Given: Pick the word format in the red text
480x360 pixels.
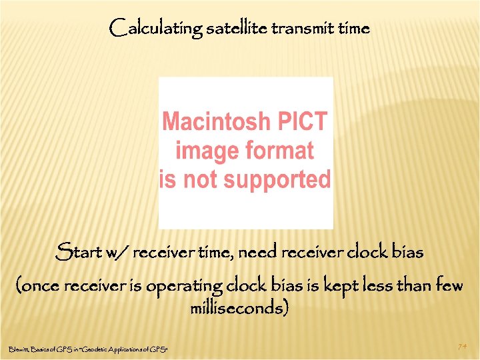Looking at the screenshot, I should click(281, 151).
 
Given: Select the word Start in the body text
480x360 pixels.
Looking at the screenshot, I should click(77, 253).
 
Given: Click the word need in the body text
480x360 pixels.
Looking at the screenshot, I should click(257, 253).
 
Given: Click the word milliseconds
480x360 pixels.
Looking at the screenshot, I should click(239, 309).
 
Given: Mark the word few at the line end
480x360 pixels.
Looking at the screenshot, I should click(448, 286).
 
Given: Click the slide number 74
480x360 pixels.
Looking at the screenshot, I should click(462, 347).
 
